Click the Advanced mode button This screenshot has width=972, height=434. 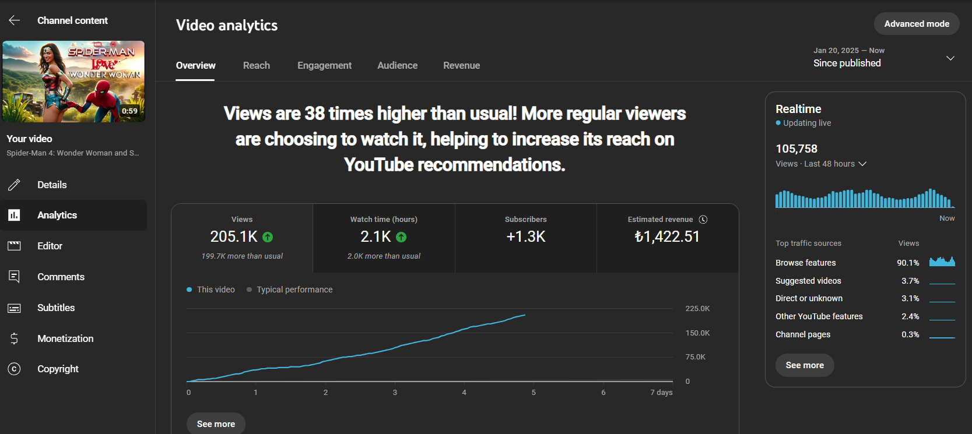click(x=917, y=24)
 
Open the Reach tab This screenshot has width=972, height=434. click(x=257, y=65)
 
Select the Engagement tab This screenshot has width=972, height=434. click(x=324, y=65)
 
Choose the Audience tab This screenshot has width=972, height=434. click(x=398, y=65)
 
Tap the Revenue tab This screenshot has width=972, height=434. click(x=461, y=65)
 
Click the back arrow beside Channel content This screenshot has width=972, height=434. click(x=15, y=20)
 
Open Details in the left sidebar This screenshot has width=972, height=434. click(x=52, y=185)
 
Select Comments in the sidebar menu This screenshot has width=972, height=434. click(x=61, y=277)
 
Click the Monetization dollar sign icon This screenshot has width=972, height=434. click(x=14, y=338)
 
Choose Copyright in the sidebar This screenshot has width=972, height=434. click(x=58, y=369)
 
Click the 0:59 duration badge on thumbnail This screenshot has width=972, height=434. click(x=129, y=111)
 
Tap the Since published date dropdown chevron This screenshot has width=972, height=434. click(x=950, y=58)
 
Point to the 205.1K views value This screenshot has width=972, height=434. click(x=234, y=237)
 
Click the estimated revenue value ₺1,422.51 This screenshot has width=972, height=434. click(x=667, y=237)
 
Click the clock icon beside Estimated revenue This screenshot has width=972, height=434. click(x=703, y=220)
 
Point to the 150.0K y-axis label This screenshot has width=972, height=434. click(x=697, y=333)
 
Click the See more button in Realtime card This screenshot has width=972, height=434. click(x=805, y=365)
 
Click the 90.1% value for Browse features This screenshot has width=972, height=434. click(x=908, y=263)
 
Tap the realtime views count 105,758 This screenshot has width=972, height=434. click(x=796, y=149)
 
